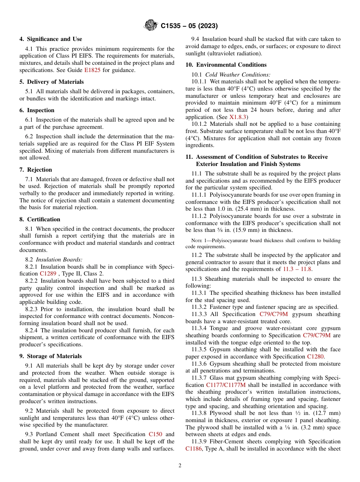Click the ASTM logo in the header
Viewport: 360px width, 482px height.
tap(151, 26)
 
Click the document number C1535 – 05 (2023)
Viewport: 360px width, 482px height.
tap(189, 26)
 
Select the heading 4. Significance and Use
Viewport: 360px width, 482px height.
tap(51, 39)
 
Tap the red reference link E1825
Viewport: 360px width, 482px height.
tap(92, 70)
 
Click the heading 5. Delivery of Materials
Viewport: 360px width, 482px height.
tap(52, 82)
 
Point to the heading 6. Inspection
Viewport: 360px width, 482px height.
tap(37, 110)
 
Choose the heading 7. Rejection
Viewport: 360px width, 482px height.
tap(36, 170)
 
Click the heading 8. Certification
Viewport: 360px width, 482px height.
tap(40, 219)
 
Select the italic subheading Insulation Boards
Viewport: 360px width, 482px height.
tap(59, 260)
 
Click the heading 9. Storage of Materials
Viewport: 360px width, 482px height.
tap(50, 356)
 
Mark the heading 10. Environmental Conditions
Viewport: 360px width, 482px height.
tap(226, 65)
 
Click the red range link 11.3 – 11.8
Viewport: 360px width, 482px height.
tap(297, 269)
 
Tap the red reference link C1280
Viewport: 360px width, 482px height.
tap(315, 357)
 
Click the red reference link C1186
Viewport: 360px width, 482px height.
tap(194, 448)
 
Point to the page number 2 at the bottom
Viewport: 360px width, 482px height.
tap(180, 466)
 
